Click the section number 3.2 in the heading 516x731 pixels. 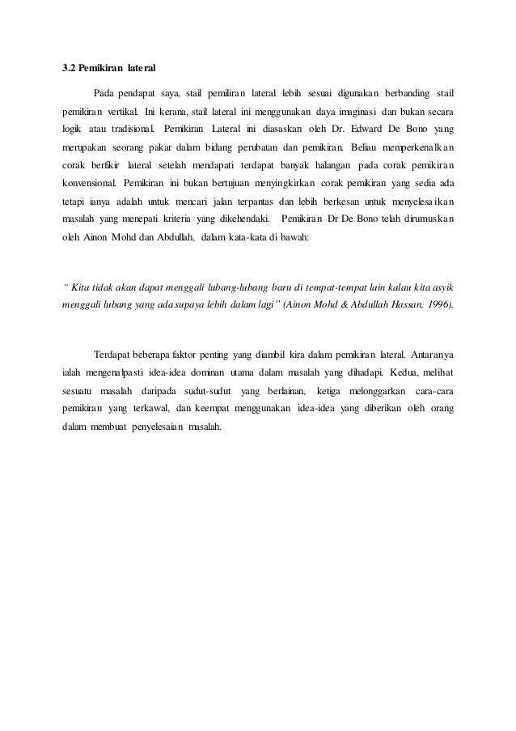coord(70,67)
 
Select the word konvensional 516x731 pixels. coord(90,182)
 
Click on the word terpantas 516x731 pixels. coord(271,201)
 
